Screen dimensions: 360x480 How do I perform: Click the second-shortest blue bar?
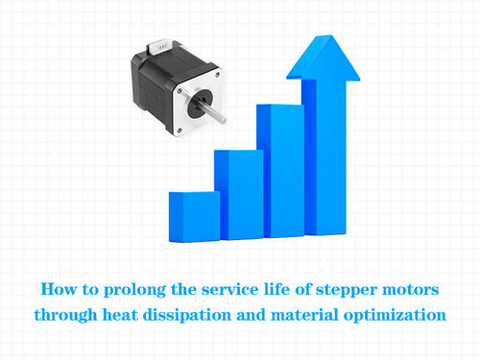tap(238, 194)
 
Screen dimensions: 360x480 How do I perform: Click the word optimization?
tap(400, 314)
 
